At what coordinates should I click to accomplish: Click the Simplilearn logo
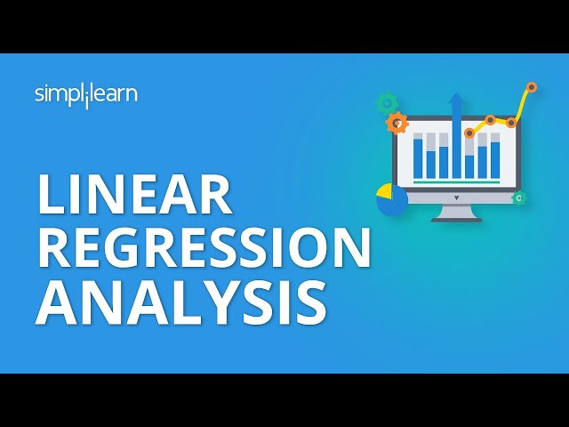coord(86,95)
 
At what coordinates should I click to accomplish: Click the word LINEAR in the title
coord(134,194)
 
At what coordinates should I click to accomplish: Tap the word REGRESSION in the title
coord(204,247)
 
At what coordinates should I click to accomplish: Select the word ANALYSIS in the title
coord(181,303)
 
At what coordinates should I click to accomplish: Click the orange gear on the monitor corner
coord(397,123)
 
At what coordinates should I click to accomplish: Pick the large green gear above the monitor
coord(387,103)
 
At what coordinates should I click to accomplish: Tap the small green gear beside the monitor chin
coord(519,197)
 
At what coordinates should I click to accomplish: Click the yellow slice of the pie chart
coord(385,191)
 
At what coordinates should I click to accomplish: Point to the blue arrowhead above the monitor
coord(456,100)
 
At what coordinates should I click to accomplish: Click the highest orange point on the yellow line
coord(532,87)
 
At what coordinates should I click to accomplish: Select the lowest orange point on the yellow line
coord(469,133)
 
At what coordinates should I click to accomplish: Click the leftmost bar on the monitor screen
coord(418,156)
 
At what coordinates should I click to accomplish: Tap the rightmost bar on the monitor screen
coord(495,156)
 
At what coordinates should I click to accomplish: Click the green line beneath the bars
coord(456,181)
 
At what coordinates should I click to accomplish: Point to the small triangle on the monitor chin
coord(456,197)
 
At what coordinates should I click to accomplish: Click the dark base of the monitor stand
coord(456,220)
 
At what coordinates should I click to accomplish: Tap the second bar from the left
coord(430,156)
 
